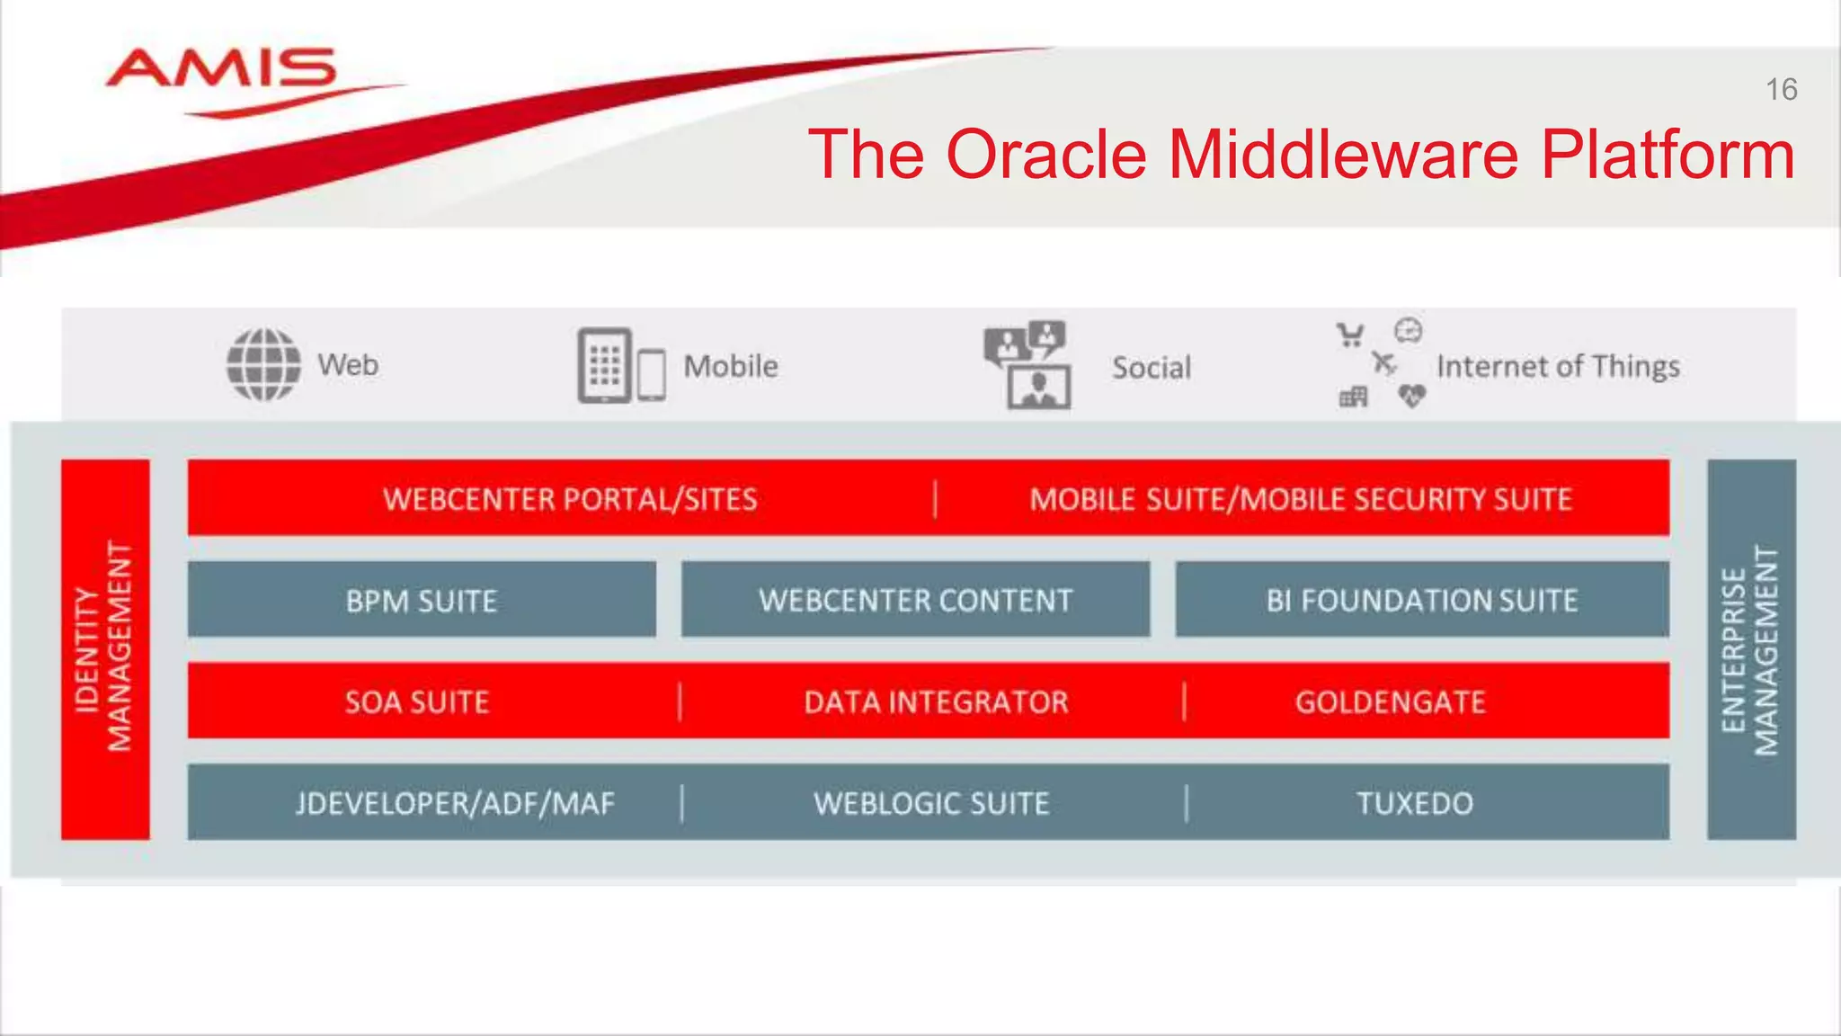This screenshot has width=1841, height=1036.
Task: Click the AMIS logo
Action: pyautogui.click(x=221, y=72)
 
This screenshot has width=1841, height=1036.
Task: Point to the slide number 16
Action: pyautogui.click(x=1781, y=90)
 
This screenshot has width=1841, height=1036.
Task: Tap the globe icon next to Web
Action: pyautogui.click(x=263, y=364)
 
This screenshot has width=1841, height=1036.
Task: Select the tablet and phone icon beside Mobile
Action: pyautogui.click(x=620, y=366)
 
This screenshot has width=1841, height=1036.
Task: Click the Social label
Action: pyautogui.click(x=1152, y=367)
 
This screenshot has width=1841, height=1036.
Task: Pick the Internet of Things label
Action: pyautogui.click(x=1558, y=366)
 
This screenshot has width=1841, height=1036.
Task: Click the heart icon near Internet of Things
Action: pyautogui.click(x=1412, y=395)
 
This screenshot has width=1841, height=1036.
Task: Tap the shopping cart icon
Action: pyautogui.click(x=1349, y=335)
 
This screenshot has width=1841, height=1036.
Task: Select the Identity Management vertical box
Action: pyautogui.click(x=105, y=648)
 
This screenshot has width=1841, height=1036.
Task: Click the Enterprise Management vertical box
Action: pyautogui.click(x=1750, y=648)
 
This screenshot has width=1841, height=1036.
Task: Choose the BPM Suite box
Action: pyautogui.click(x=422, y=600)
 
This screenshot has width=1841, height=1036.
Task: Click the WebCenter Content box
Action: pyautogui.click(x=915, y=600)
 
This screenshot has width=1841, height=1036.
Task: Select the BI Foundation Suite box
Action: pyautogui.click(x=1421, y=600)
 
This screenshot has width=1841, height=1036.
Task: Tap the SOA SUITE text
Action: pyautogui.click(x=417, y=701)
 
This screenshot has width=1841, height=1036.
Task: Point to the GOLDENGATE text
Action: pyautogui.click(x=1390, y=701)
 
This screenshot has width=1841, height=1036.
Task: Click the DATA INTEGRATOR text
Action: pyautogui.click(x=936, y=701)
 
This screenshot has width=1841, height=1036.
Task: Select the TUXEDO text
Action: pyautogui.click(x=1414, y=803)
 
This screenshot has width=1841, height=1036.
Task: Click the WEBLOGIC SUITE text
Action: pyautogui.click(x=931, y=803)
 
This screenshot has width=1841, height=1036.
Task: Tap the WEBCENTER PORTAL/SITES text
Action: pyautogui.click(x=570, y=499)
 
